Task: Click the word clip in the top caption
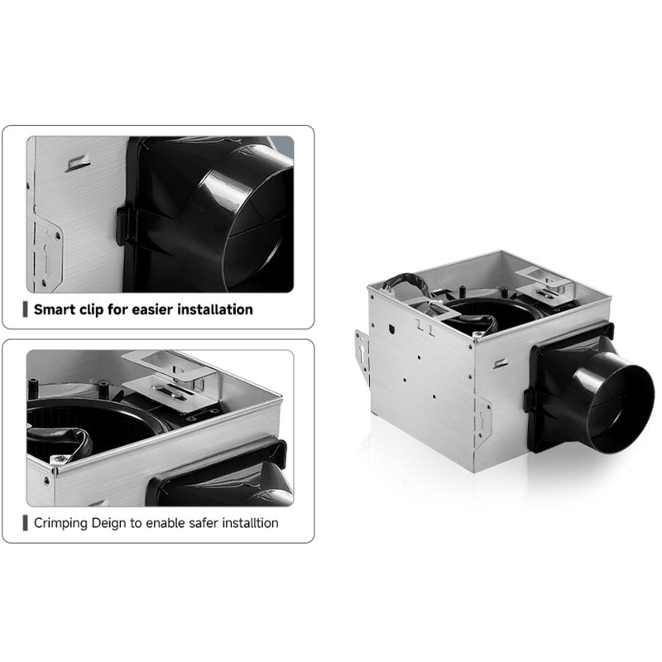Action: pyautogui.click(x=95, y=310)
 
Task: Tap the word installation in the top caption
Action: pyautogui.click(x=213, y=310)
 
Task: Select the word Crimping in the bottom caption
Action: pyautogui.click(x=60, y=523)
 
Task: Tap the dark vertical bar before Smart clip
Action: pyautogui.click(x=26, y=310)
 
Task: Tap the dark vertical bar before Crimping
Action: pyautogui.click(x=26, y=523)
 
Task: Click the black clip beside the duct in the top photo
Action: pyautogui.click(x=122, y=226)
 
